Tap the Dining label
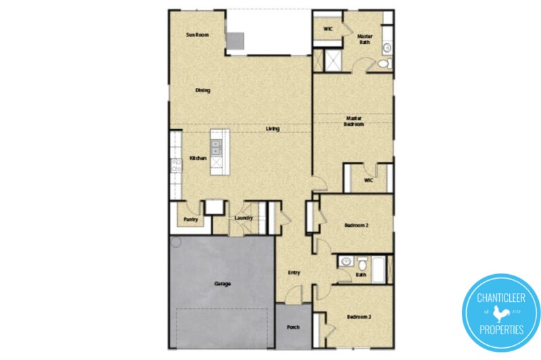pos(202,90)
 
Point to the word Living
pos(273,129)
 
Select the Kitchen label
pos(197,158)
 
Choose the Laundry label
pos(243,218)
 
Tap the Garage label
pos(222,284)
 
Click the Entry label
pos(293,273)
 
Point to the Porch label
pos(293,328)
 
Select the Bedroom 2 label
pos(356,225)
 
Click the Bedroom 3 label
pos(359,317)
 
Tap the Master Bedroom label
pos(354,120)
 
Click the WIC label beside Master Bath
pos(328,29)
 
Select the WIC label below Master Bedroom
pos(369,181)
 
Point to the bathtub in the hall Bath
pos(379,269)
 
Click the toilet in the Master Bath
pos(383,64)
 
